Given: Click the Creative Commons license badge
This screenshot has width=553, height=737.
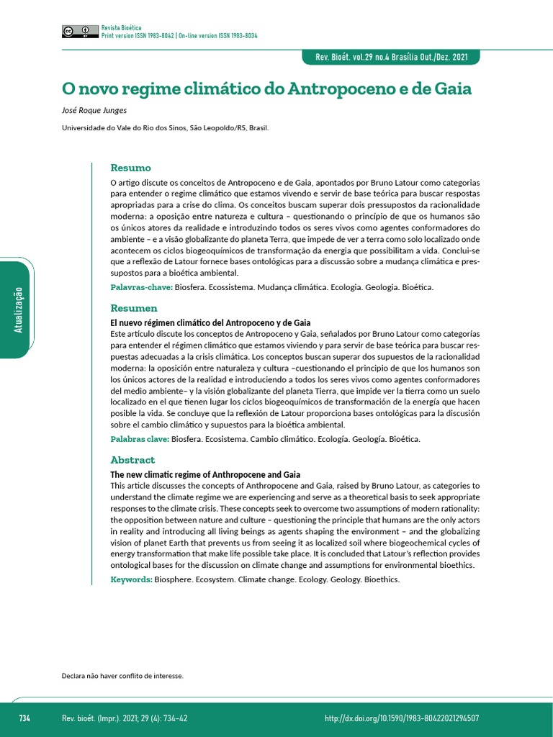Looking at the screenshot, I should [x=80, y=31].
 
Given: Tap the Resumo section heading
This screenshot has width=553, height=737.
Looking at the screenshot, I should [x=130, y=168].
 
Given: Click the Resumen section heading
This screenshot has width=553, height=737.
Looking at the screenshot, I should [x=133, y=308].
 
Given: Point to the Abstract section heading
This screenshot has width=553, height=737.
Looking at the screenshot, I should [x=132, y=460].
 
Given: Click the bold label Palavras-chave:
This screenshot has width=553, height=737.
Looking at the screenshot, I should [x=141, y=287].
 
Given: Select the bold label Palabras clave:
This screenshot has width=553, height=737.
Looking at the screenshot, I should [x=140, y=439].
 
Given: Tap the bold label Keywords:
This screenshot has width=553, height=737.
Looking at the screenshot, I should [x=131, y=579].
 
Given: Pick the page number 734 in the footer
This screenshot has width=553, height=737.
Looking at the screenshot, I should [x=24, y=718].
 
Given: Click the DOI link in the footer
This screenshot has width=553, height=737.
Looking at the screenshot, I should [x=402, y=718].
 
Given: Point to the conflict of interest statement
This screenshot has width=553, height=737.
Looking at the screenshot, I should [x=122, y=676].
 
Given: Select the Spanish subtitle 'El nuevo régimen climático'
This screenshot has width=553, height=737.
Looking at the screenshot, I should [x=210, y=323].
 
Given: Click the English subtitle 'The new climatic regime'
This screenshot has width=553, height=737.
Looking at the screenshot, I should [x=204, y=475].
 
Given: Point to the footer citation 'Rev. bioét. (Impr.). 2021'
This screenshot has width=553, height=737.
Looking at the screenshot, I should [x=125, y=718].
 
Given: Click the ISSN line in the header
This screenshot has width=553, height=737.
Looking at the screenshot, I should [x=179, y=35].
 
